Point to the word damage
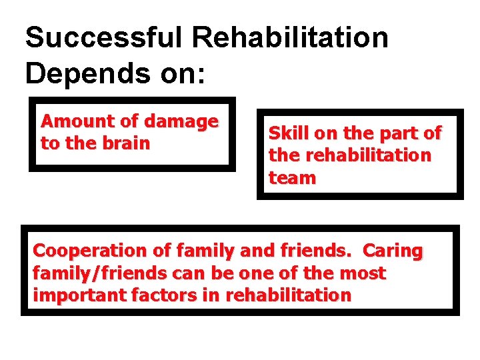pos(181,121)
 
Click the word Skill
pos(289,133)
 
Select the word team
pos(292,178)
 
